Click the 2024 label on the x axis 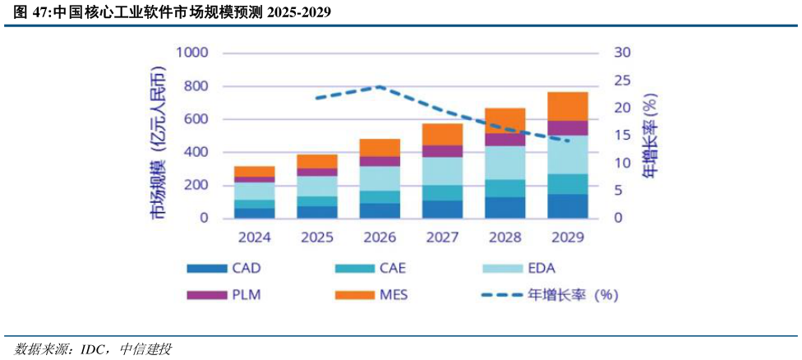coord(254,238)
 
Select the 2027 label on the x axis coord(443,238)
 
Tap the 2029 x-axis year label coord(568,238)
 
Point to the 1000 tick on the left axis coord(191,53)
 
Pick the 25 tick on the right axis coord(623,81)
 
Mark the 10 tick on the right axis coord(623,164)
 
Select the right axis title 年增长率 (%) coord(650,136)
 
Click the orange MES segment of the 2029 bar coord(568,106)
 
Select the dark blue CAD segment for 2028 coord(505,208)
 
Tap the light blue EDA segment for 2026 coord(380,178)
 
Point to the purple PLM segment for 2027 coord(443,151)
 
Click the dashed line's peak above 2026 coord(380,86)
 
